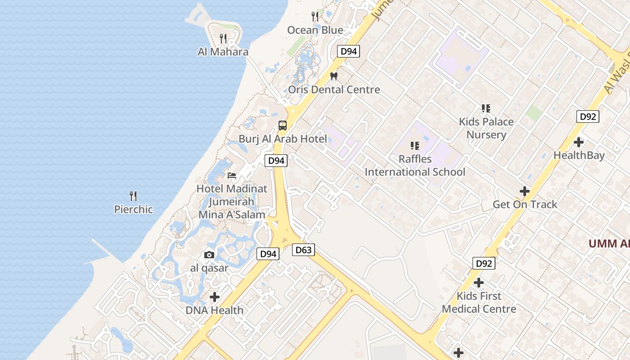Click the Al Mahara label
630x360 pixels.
coord(223,52)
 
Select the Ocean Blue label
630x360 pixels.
coord(315,30)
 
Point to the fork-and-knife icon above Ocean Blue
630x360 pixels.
coord(315,17)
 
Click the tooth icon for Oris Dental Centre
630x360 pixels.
coord(333,76)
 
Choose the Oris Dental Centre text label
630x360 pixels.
coord(334,90)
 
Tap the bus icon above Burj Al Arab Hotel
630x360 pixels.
coord(283,126)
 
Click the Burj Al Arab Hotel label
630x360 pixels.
coord(283,139)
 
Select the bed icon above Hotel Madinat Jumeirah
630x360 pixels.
coord(232,175)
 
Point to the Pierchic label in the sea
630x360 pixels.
coord(133,209)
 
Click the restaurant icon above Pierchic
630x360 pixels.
coord(133,196)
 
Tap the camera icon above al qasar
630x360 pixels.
coord(209,255)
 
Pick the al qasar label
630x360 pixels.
coord(209,268)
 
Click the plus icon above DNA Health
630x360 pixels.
coord(215,297)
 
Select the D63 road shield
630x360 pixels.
coord(303,250)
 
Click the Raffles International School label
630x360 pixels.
coord(415,165)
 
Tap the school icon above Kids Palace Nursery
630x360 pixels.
coord(486,108)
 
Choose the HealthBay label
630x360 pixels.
coord(579,156)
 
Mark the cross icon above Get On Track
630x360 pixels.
coord(525,191)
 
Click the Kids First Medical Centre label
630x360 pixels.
coord(479,302)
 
